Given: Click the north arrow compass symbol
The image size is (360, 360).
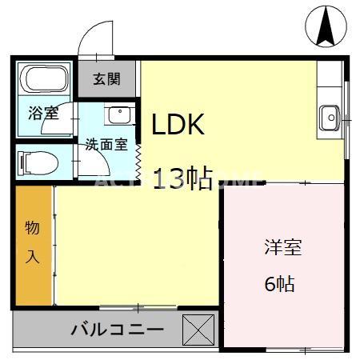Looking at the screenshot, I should coord(326,26).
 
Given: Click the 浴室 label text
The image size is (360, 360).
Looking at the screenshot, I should coord(44,112).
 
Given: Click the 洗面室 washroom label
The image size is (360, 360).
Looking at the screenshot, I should coord(107,145).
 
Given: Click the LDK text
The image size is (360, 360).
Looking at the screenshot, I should coord(179,124).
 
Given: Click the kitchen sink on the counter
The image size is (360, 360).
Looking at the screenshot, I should coord(329,118).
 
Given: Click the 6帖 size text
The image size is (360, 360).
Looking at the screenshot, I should coord(279,284).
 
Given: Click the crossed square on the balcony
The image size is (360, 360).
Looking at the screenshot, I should coord(198,329).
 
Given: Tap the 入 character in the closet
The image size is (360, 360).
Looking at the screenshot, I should coord(32,258).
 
